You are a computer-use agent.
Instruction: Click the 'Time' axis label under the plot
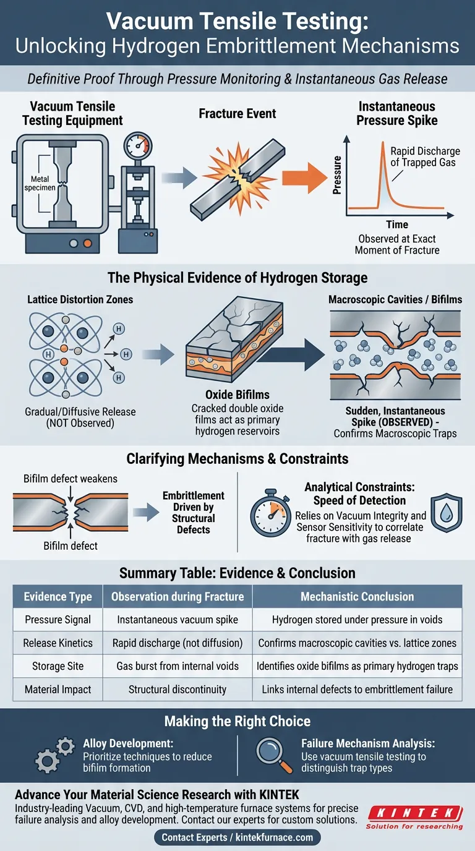tap(397, 225)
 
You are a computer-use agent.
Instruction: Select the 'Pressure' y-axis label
tap(338, 176)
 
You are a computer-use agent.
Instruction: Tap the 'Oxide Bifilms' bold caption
tap(237, 394)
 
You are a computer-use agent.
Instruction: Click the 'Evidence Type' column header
tap(58, 597)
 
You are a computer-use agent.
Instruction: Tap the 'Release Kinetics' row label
tap(58, 643)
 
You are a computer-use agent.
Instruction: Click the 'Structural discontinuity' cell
tap(178, 689)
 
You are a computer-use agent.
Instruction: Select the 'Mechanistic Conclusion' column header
tap(357, 597)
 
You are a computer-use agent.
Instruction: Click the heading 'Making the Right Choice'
tap(237, 721)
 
